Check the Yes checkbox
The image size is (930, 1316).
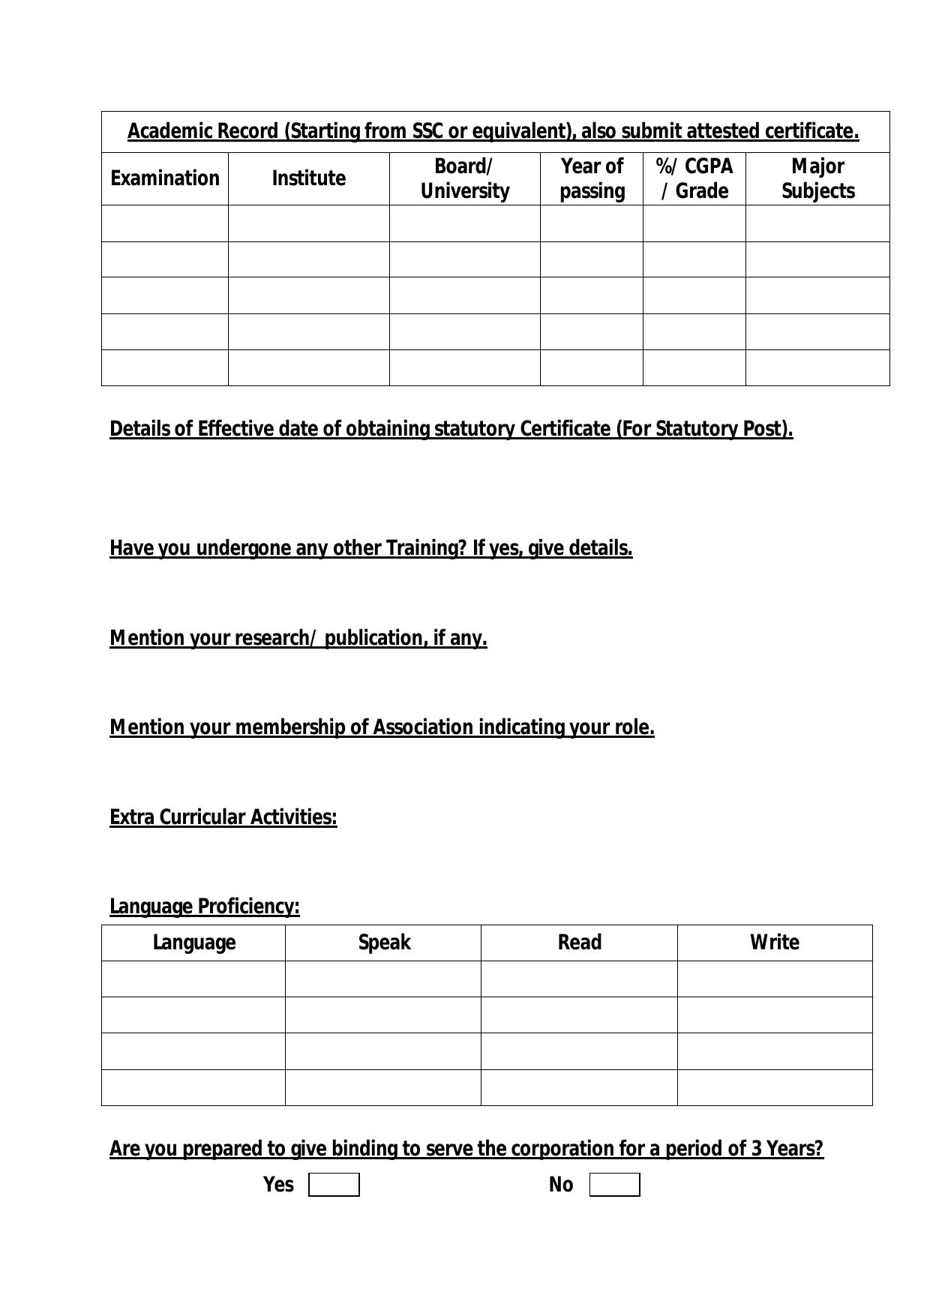click(334, 1185)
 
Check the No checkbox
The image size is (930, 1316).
click(614, 1185)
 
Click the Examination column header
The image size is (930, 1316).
click(165, 178)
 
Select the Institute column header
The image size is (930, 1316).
click(308, 178)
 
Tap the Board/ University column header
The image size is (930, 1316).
click(464, 178)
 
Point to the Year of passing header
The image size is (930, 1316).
click(592, 178)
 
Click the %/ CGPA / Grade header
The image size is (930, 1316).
click(694, 178)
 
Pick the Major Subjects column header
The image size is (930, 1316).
click(817, 178)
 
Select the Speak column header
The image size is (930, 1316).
click(384, 943)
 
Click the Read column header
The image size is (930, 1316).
click(579, 943)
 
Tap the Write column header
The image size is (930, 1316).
click(774, 943)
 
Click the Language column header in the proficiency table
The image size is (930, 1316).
click(193, 943)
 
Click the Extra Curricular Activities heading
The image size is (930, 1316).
click(223, 817)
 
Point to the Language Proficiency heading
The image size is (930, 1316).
click(205, 907)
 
